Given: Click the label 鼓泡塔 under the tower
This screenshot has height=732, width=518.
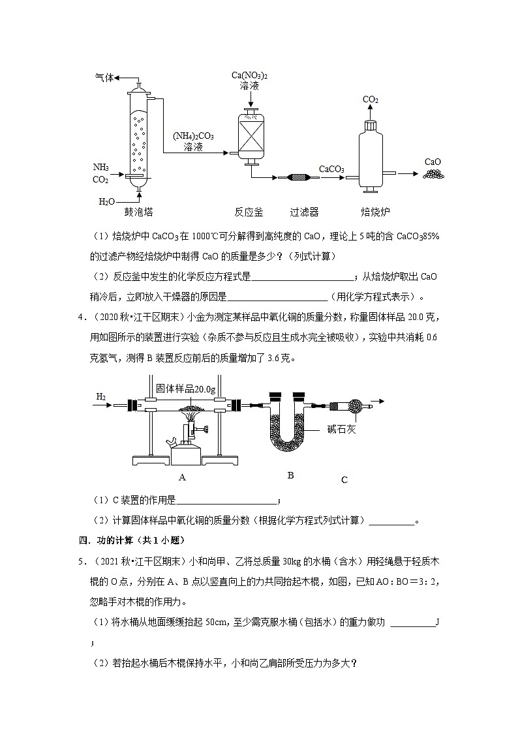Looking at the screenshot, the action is coord(138,211).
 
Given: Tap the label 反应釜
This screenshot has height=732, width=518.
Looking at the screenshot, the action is coord(249,211).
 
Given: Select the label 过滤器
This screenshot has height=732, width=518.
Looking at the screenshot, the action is coord(304,211).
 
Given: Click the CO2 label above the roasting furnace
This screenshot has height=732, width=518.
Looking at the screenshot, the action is coord(371,100).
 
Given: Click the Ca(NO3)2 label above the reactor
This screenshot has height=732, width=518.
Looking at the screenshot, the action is coord(250,76).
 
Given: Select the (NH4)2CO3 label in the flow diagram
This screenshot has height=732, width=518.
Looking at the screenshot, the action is coord(193,136).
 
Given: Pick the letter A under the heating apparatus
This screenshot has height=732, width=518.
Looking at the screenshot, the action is coord(183,477).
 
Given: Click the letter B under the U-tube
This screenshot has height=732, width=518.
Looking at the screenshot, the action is coord(290,475).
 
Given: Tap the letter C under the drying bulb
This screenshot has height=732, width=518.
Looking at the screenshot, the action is coord(344,480).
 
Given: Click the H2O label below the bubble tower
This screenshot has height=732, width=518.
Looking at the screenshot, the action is coord(107,202).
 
